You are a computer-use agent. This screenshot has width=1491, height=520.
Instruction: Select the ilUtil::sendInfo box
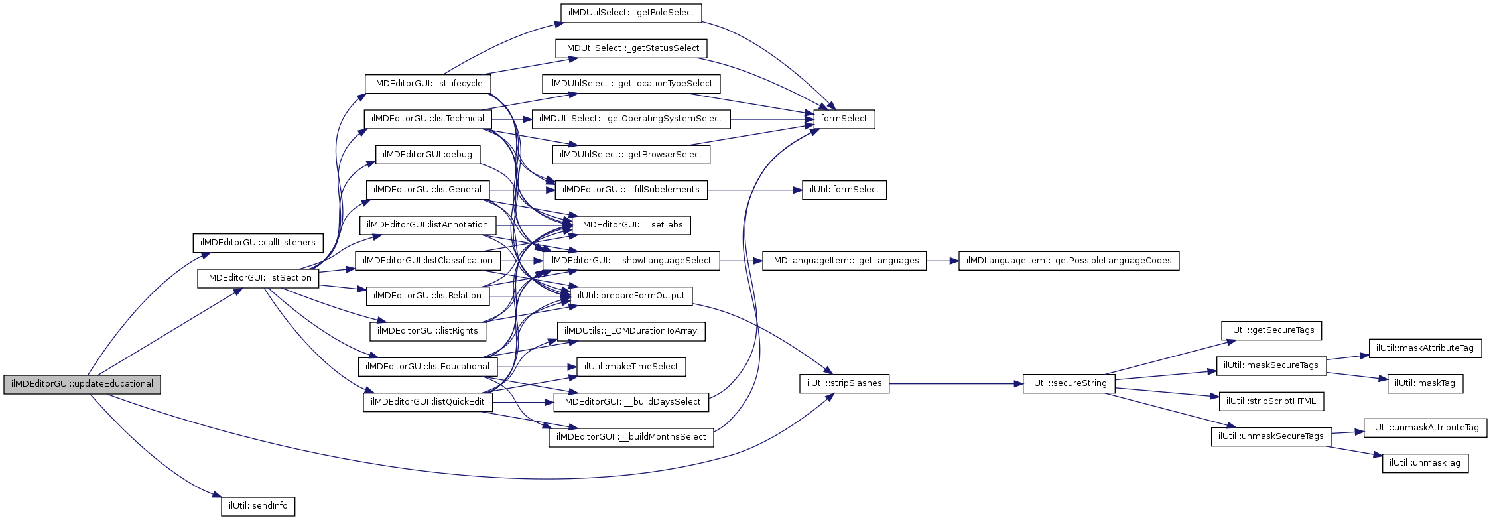coord(258,506)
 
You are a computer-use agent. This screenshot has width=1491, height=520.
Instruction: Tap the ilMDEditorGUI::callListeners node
coord(258,243)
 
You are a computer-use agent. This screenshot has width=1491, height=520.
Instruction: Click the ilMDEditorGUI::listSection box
coord(258,278)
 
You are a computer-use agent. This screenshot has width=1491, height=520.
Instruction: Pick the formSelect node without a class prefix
coord(844,119)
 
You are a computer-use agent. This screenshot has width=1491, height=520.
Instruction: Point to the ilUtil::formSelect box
coord(844,190)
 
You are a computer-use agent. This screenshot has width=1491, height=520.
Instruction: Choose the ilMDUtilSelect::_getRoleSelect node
coord(631,13)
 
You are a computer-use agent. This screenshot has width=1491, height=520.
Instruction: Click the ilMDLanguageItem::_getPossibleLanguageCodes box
coord(1069,261)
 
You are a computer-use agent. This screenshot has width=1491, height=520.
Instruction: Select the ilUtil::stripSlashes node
coord(844,383)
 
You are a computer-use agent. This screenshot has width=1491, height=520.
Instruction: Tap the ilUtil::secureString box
coord(1068,383)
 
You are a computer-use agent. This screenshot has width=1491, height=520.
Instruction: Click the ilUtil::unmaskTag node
coord(1425,463)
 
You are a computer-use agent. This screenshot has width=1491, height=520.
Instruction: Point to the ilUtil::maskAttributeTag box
coord(1425,348)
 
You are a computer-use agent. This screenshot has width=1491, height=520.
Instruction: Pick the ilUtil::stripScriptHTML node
coord(1271,401)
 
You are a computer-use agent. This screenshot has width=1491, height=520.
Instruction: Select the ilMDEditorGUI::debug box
coord(427,155)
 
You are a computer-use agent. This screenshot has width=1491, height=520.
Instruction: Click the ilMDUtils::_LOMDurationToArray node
coord(630,331)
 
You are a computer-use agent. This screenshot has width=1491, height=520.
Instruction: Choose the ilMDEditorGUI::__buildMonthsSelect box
coord(631,437)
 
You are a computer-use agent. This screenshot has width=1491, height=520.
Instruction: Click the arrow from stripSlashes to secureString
coord(955,384)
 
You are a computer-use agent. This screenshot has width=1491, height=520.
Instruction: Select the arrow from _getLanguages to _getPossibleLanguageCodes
coord(942,261)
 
